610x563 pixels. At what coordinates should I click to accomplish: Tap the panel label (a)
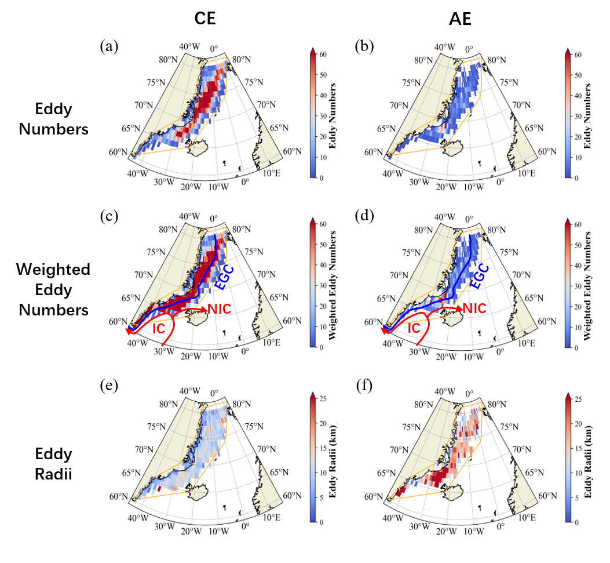click(109, 46)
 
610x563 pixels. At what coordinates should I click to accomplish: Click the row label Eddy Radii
click(53, 462)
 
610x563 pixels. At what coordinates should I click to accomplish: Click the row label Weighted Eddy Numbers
click(53, 289)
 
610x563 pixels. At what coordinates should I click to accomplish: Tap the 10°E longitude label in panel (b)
click(527, 173)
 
